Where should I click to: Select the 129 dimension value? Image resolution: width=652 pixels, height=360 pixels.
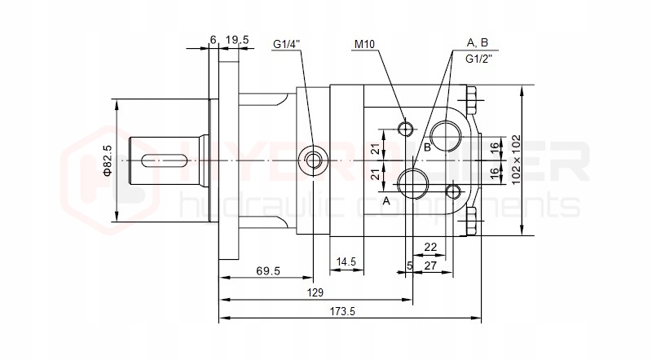(315, 292)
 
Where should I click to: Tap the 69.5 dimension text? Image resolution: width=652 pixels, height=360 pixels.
(268, 270)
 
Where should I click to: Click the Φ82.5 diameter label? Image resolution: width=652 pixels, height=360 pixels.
(107, 160)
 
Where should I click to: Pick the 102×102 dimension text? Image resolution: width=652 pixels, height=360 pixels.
(516, 160)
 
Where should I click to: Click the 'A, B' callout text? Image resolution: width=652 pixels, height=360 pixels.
(477, 42)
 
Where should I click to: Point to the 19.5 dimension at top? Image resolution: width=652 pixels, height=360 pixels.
(237, 38)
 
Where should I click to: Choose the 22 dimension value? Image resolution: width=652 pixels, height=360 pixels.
(430, 246)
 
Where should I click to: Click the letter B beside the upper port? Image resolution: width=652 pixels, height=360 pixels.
(426, 147)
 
